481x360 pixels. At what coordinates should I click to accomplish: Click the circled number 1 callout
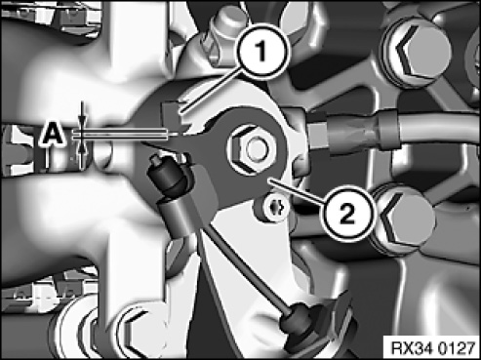[x=262, y=52]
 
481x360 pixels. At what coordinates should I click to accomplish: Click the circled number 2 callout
[x=346, y=214]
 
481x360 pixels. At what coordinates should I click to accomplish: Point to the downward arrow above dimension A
[x=83, y=115]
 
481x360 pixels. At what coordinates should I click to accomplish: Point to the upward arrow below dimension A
[x=83, y=152]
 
